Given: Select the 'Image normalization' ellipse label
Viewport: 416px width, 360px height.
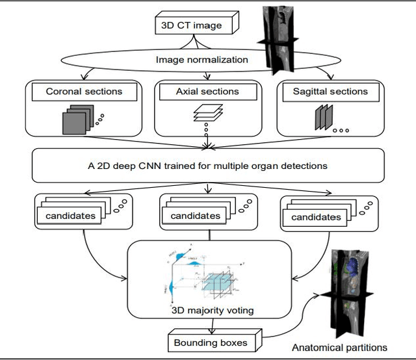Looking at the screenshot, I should [x=201, y=60].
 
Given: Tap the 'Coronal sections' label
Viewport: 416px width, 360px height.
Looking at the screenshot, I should [x=84, y=92].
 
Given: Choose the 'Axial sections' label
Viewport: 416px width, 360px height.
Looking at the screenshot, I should [x=207, y=92].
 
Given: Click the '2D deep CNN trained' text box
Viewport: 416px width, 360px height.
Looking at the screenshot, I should [x=207, y=166].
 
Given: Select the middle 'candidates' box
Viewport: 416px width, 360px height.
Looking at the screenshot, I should [x=194, y=214].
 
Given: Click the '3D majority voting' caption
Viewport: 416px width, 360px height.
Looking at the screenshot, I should [x=209, y=310].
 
